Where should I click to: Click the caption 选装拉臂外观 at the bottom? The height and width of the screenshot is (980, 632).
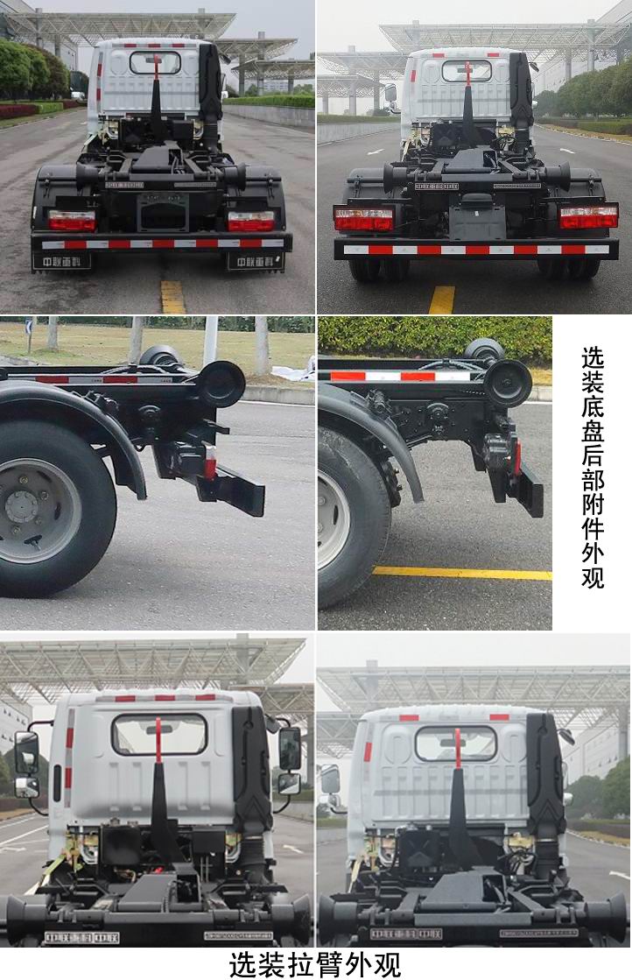point(315,963)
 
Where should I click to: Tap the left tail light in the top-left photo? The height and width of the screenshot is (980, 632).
point(72,221)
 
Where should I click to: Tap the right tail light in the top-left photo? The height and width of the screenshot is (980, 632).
point(251,221)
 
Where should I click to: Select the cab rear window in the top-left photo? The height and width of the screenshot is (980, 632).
point(155,63)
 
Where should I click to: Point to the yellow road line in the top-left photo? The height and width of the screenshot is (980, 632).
point(172,296)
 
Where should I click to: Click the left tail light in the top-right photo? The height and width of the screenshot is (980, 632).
point(363,219)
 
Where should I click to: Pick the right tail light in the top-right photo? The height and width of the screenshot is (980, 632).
point(588,216)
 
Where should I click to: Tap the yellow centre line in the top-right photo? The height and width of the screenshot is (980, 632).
point(441,300)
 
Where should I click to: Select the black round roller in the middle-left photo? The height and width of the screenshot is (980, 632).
point(221,384)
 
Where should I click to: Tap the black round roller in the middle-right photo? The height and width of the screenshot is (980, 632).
point(508,383)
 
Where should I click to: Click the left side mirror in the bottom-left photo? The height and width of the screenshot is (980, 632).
point(26,752)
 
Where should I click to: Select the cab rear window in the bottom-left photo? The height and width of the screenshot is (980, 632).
point(158,734)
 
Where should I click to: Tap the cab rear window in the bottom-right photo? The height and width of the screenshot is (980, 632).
point(455,744)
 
